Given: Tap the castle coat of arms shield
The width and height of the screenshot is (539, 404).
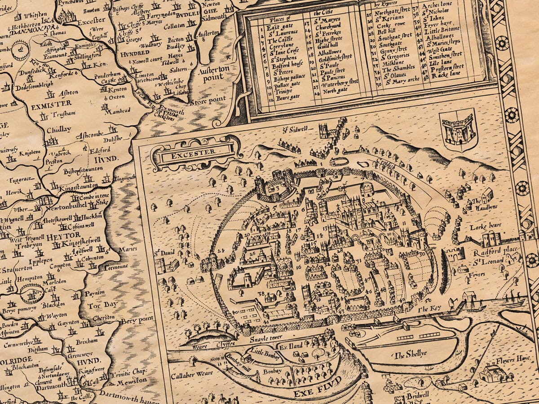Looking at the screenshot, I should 458,130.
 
